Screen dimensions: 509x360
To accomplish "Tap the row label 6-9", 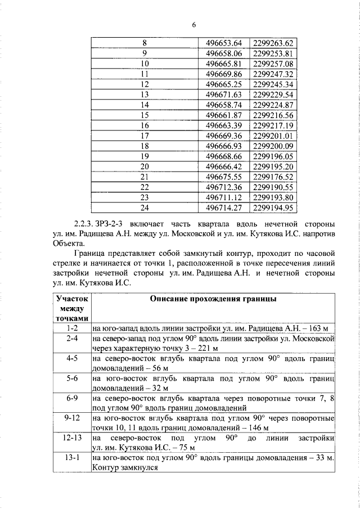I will pyautogui.click(x=71, y=399).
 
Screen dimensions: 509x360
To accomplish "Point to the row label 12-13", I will pyautogui.click(x=71, y=437).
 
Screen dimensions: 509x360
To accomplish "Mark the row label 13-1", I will pyautogui.click(x=71, y=458).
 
